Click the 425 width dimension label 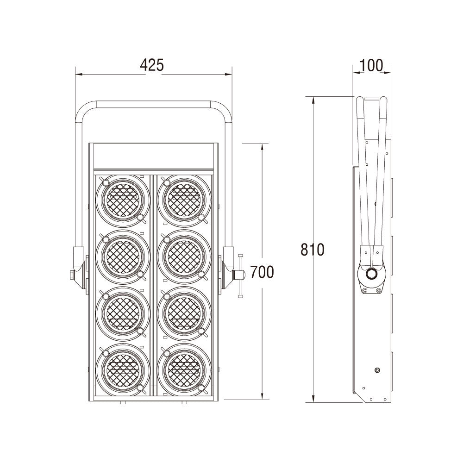click(x=152, y=65)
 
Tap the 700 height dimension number click(x=262, y=272)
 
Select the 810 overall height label click(x=313, y=250)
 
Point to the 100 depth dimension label click(x=371, y=66)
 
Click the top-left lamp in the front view click(x=123, y=200)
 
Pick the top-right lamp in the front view click(x=184, y=200)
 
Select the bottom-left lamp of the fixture click(x=123, y=369)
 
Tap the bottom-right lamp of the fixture click(x=184, y=369)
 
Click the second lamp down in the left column click(x=123, y=257)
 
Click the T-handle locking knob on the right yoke click(x=240, y=275)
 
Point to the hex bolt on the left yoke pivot click(x=72, y=275)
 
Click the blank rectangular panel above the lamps click(x=154, y=156)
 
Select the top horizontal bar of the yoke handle click(x=154, y=104)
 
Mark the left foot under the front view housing click(x=123, y=402)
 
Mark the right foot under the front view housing click(x=184, y=402)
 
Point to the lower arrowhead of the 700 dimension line click(x=262, y=396)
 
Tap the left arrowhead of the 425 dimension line click(x=79, y=75)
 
